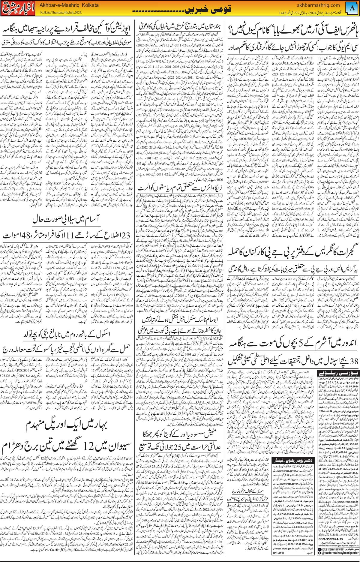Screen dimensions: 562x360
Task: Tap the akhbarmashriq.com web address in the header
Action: coord(318,5)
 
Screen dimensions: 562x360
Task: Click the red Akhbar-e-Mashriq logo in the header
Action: coord(19,9)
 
